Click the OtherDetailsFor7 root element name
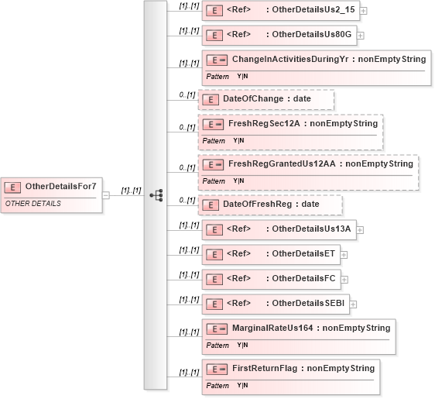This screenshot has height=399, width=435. [60, 186]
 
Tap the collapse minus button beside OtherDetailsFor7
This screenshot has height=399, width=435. [106, 195]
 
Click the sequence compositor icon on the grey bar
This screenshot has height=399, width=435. [156, 195]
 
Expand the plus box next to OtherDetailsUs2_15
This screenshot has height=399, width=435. [363, 11]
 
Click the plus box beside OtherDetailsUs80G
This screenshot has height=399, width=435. [360, 36]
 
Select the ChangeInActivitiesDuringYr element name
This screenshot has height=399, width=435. [290, 59]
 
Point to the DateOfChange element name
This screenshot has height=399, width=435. [253, 99]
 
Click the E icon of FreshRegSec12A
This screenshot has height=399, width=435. [213, 124]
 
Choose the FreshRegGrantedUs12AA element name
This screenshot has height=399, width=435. [282, 163]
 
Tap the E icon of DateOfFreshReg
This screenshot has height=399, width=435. [211, 205]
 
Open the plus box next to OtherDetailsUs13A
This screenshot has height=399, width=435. [360, 230]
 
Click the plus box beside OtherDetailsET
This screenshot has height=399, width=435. [344, 255]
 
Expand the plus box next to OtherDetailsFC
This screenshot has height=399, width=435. [344, 280]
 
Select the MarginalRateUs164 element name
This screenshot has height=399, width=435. [272, 328]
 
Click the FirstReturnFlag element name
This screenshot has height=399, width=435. [265, 368]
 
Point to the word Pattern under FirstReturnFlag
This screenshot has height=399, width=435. [217, 386]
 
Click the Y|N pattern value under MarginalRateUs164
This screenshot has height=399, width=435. [242, 345]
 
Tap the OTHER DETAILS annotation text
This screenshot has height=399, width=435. [33, 204]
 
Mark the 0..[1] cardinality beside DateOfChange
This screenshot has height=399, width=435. [187, 95]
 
